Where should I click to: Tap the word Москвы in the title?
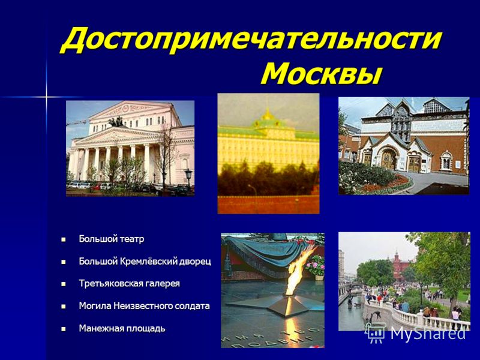(x=322, y=74)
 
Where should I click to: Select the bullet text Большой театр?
(x=112, y=239)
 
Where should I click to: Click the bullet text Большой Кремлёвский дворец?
(x=145, y=261)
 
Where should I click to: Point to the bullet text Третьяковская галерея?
(x=129, y=283)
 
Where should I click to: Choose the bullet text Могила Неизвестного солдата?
(x=144, y=306)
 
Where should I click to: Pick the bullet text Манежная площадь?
(x=122, y=328)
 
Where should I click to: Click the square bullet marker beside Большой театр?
(x=64, y=239)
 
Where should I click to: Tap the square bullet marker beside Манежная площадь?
(x=64, y=329)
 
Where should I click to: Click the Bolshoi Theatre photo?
(x=130, y=148)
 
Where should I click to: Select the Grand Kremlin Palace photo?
(x=268, y=154)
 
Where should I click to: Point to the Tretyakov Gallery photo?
(x=404, y=146)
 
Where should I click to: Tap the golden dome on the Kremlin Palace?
(x=268, y=115)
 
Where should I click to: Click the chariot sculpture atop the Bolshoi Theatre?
(x=116, y=122)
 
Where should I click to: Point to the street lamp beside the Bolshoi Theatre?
(x=188, y=178)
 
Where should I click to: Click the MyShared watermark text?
(x=428, y=333)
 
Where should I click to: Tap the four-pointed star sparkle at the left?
(x=47, y=97)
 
